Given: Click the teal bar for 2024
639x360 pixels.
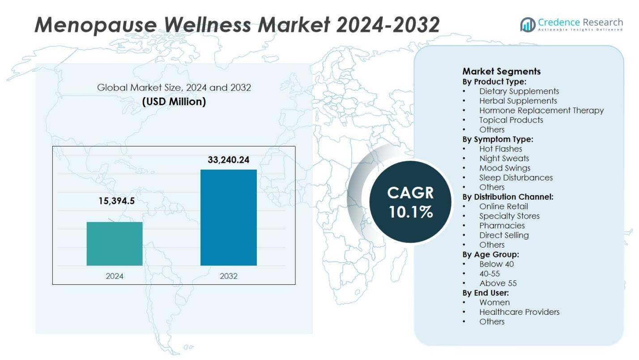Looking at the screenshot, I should click(x=115, y=244).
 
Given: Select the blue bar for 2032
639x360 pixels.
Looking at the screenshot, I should click(x=228, y=218).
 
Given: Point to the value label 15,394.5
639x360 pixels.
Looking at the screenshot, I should click(x=116, y=201).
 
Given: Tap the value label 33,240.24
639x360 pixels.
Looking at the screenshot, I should click(x=228, y=160).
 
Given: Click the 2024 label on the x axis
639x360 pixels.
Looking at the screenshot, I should click(x=115, y=276).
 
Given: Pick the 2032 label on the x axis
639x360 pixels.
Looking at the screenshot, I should click(x=229, y=276).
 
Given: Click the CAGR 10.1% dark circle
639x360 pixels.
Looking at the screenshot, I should click(x=410, y=202).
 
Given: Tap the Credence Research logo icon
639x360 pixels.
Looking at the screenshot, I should click(x=528, y=25).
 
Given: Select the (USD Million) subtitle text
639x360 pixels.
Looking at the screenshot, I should click(x=174, y=102).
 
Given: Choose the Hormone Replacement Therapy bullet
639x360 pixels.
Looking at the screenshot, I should click(x=541, y=110).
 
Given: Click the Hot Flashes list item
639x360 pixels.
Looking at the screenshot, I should click(x=500, y=149).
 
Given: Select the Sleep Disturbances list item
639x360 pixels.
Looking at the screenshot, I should click(x=515, y=177).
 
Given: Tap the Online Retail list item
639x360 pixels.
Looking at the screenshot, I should click(x=503, y=206).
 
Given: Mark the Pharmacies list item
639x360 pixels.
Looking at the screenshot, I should click(x=502, y=226).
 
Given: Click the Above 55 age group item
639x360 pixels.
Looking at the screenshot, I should click(x=498, y=283).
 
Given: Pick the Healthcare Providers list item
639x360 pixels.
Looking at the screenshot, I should click(x=519, y=312).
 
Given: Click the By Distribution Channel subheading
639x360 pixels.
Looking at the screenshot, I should click(x=508, y=197).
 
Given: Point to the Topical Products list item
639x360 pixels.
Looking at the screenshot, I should click(x=511, y=120).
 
